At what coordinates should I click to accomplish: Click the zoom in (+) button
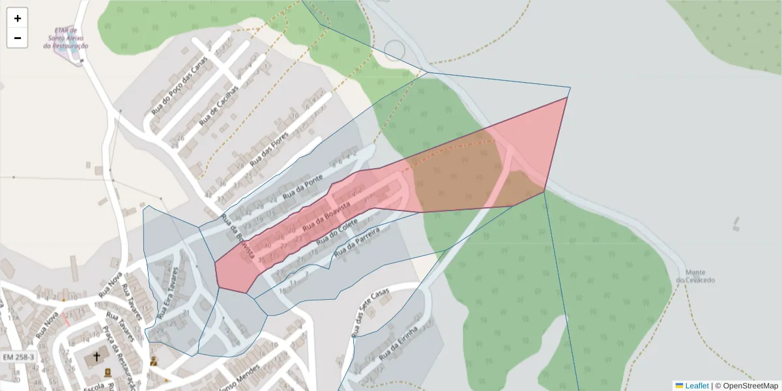(18, 18)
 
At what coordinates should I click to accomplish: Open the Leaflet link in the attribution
(696, 386)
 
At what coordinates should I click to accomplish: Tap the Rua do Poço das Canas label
(179, 85)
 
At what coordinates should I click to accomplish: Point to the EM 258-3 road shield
(18, 358)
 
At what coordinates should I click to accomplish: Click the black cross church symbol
(96, 356)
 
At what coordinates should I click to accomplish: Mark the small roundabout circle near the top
(395, 51)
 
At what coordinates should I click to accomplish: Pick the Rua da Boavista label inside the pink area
(326, 215)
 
